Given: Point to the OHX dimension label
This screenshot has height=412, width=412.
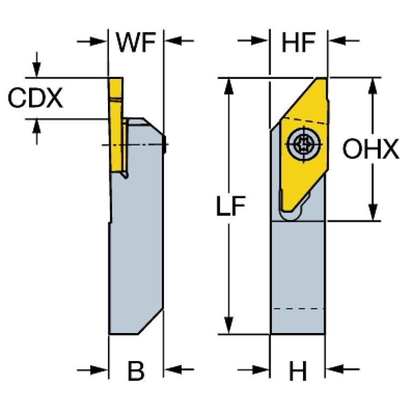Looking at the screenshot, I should click(371, 150).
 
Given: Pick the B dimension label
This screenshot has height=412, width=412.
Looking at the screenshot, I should click(136, 370).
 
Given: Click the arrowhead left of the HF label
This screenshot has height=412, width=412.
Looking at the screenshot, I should click(261, 40).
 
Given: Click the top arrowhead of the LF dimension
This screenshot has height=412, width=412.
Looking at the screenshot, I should click(229, 86).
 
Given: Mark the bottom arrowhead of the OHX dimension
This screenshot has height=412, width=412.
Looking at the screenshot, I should click(372, 212).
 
